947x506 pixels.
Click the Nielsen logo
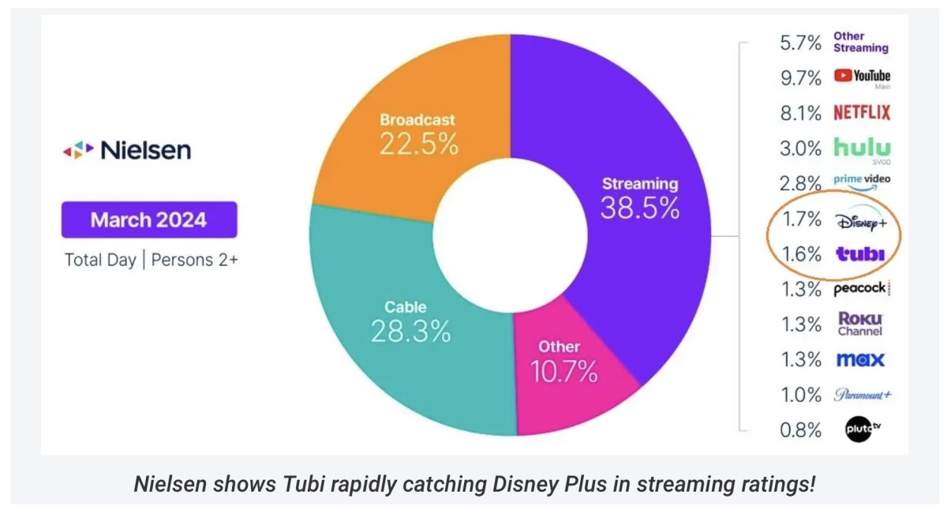coord(127,149)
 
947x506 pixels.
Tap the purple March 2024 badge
coord(149,219)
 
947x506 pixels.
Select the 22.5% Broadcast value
coord(418,143)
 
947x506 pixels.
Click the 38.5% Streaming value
coord(639,207)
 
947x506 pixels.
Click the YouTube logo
coord(862,77)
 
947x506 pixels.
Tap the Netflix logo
coord(862,113)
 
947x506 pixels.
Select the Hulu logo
coord(862,148)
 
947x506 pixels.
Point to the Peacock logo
coord(862,289)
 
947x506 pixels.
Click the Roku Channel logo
coord(860,324)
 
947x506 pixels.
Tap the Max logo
coord(860,360)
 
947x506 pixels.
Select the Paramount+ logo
coord(863,395)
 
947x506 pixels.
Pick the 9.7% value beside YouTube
coord(800,77)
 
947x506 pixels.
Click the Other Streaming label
coord(861,42)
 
